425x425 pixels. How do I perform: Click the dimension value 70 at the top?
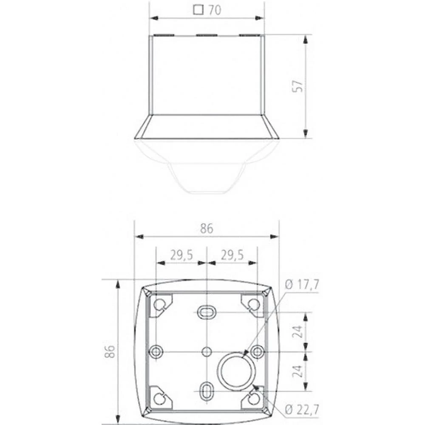[215, 10]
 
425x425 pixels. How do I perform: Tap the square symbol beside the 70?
[198, 9]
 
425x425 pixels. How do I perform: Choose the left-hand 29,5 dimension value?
[181, 255]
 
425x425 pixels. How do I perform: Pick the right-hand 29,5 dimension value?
[232, 255]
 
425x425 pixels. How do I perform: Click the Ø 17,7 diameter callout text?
[302, 285]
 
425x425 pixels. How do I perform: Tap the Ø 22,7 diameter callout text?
[302, 410]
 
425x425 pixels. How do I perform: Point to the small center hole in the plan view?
[207, 351]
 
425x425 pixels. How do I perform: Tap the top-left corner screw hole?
[159, 304]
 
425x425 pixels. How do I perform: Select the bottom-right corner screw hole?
[253, 398]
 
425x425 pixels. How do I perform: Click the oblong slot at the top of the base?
[207, 312]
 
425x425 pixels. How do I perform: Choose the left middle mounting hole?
[156, 351]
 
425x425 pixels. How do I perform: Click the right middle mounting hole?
[257, 351]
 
